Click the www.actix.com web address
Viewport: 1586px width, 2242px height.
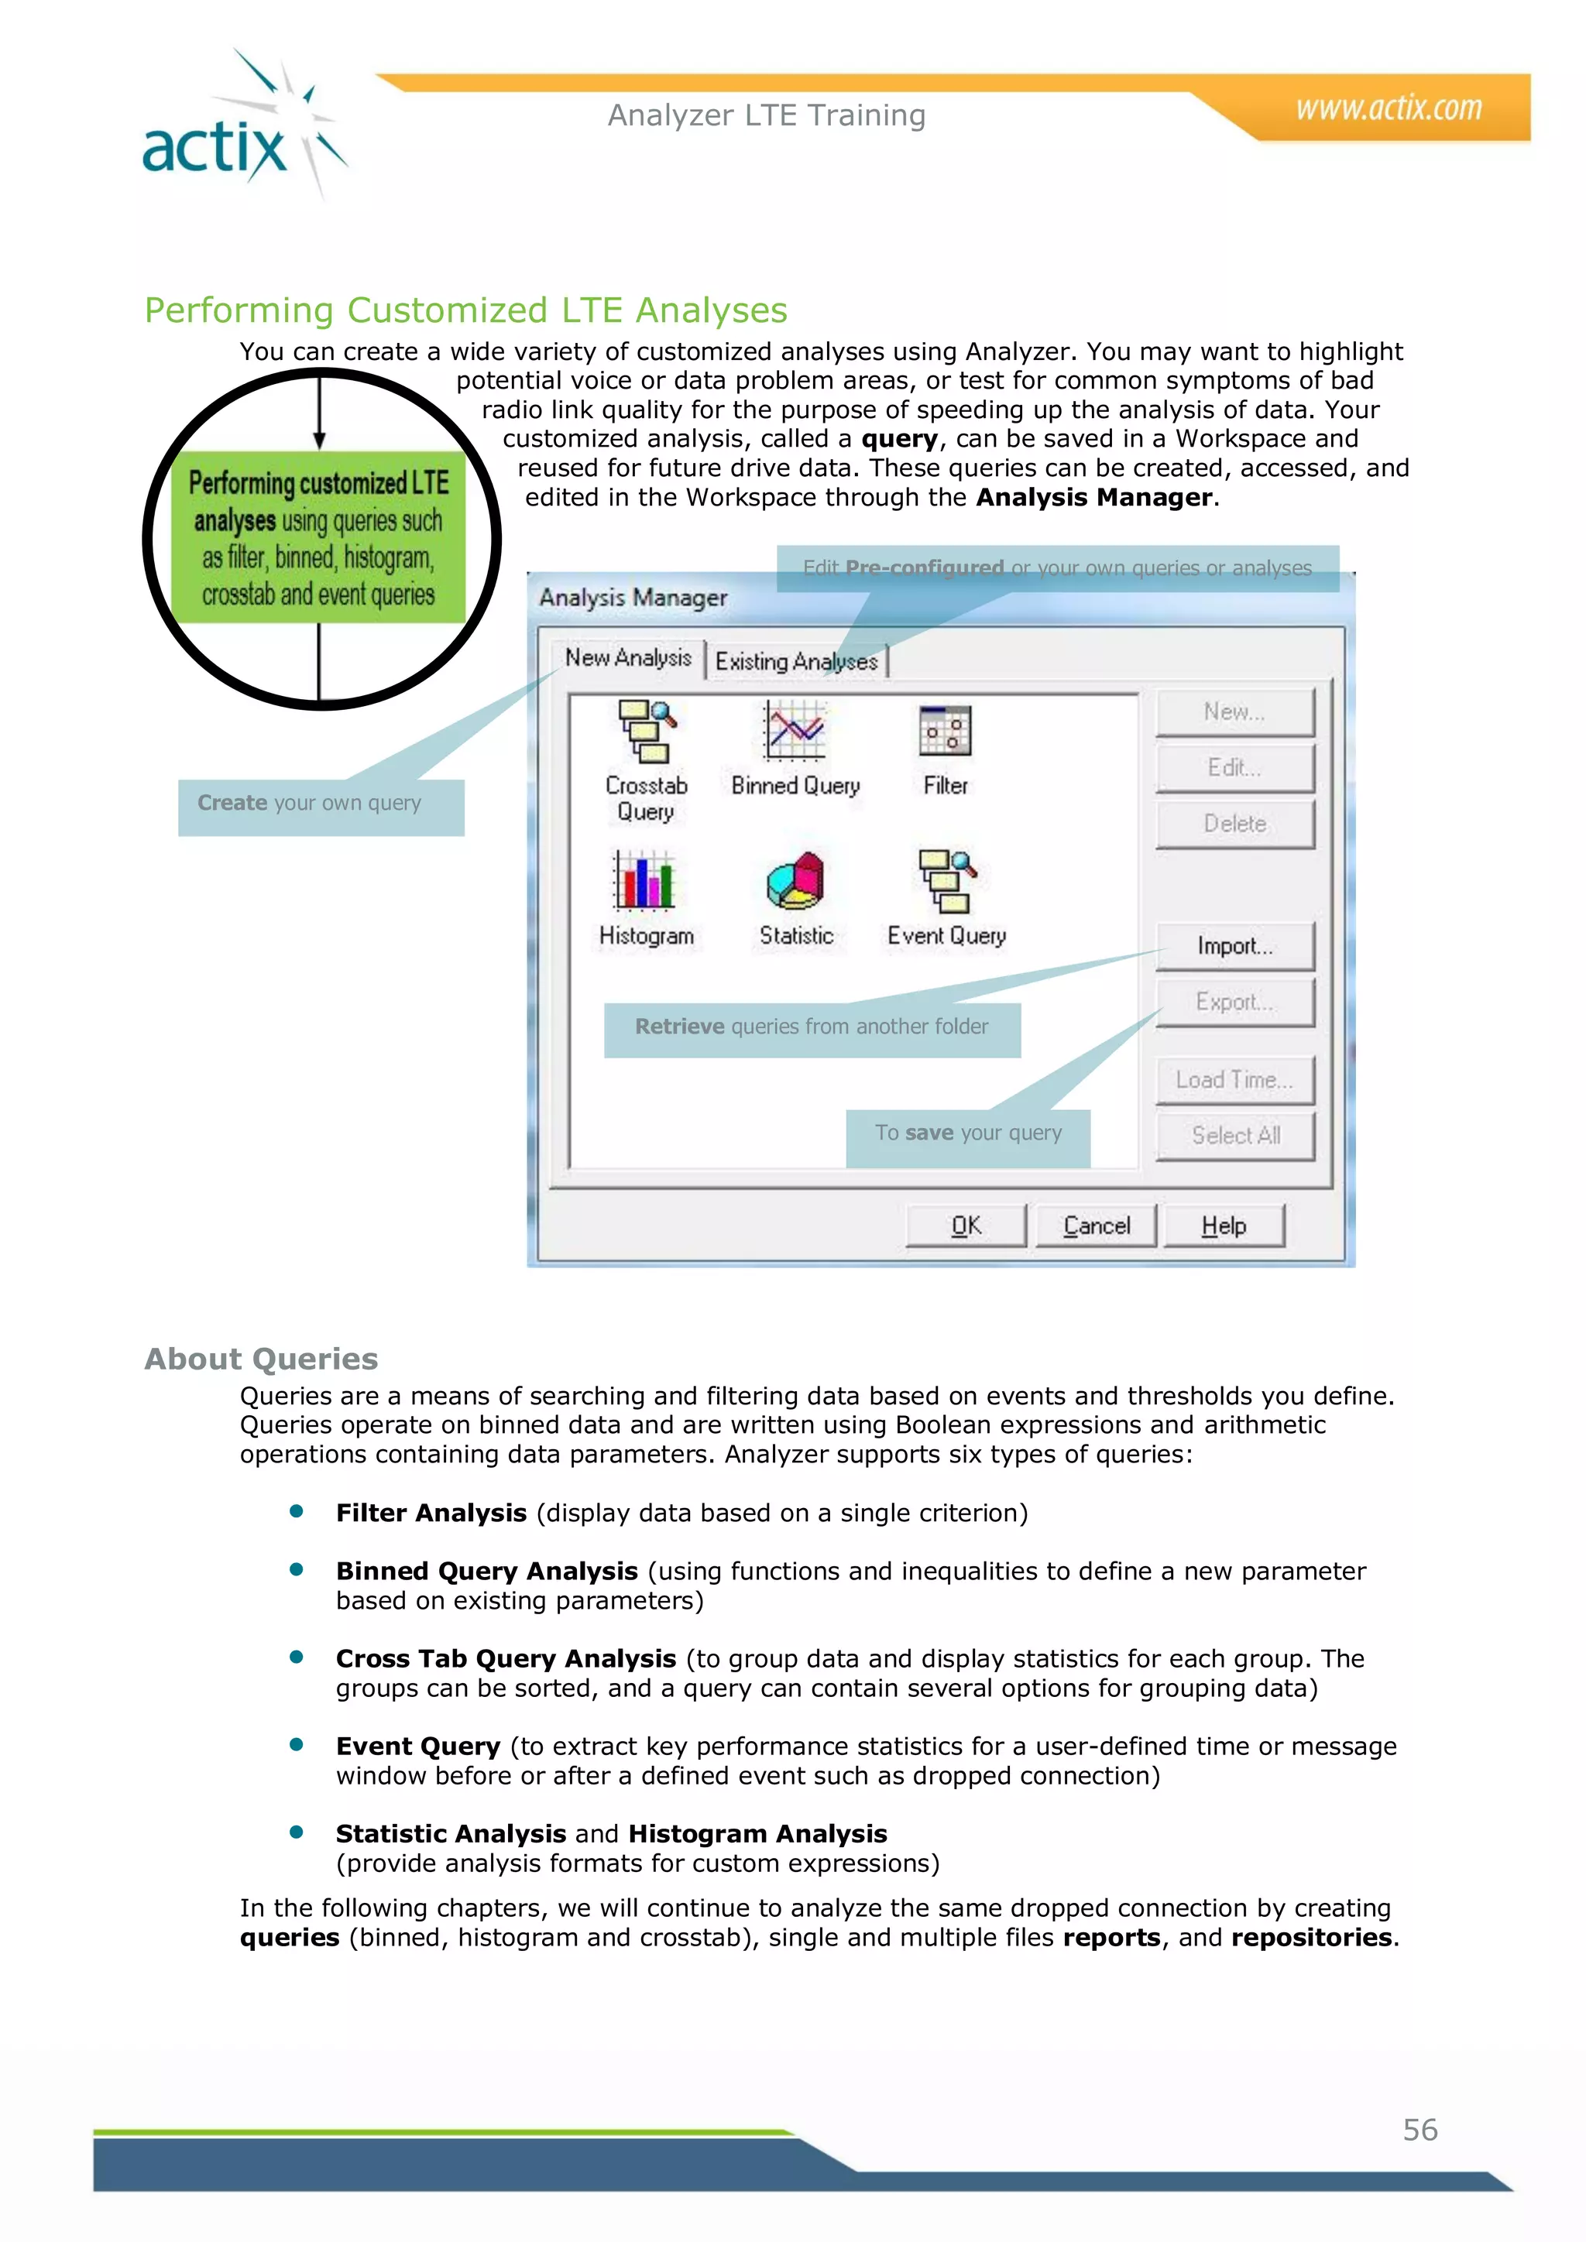(x=1388, y=108)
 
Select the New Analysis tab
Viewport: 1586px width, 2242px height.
(x=628, y=658)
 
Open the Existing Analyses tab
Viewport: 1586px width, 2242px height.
(x=796, y=662)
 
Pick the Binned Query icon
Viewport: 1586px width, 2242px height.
(x=795, y=730)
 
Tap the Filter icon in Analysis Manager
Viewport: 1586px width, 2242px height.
(x=944, y=730)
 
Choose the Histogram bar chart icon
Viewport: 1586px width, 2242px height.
(x=644, y=879)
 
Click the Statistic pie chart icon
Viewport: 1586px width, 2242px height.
(x=795, y=879)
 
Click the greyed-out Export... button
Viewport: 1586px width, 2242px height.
(x=1234, y=1003)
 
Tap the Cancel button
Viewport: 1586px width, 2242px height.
(x=1096, y=1226)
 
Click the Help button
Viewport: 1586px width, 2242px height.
(x=1223, y=1226)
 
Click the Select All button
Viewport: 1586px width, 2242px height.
(x=1234, y=1136)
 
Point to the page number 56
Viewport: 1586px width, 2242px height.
(x=1420, y=2130)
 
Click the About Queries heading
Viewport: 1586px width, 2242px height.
(x=261, y=1359)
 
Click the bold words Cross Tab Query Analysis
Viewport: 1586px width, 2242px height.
(x=506, y=1659)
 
